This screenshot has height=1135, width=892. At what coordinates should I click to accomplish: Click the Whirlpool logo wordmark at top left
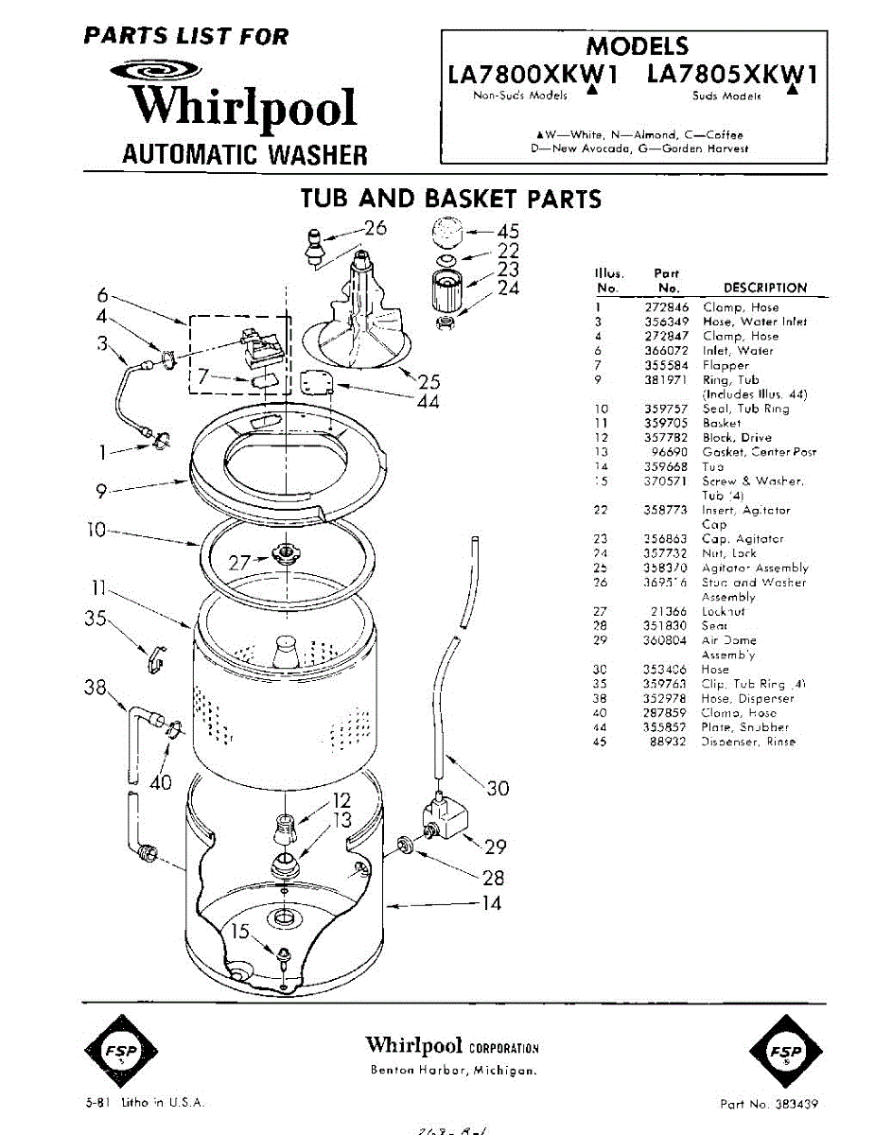pos(244,108)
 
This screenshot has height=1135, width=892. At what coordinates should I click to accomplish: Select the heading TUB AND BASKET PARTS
pos(450,199)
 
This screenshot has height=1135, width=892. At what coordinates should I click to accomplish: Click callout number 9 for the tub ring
pos(101,490)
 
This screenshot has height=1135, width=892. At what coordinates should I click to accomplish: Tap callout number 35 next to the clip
pos(96,621)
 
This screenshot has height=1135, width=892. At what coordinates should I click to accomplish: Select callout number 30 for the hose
pos(498,788)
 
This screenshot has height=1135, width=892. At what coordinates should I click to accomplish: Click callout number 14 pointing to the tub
pos(491,903)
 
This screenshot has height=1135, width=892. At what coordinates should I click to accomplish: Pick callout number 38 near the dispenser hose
pos(96,689)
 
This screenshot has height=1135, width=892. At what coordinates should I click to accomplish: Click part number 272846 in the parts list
pos(665,307)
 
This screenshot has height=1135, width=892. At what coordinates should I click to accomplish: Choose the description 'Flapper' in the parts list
pos(726,365)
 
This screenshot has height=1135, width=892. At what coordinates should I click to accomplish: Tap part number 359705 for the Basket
pos(665,424)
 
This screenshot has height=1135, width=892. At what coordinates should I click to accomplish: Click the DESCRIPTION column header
pos(764,288)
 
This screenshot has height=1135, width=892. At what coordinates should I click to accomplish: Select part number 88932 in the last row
pos(670,742)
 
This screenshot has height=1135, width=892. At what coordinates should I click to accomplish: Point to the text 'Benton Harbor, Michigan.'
pos(454,1072)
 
